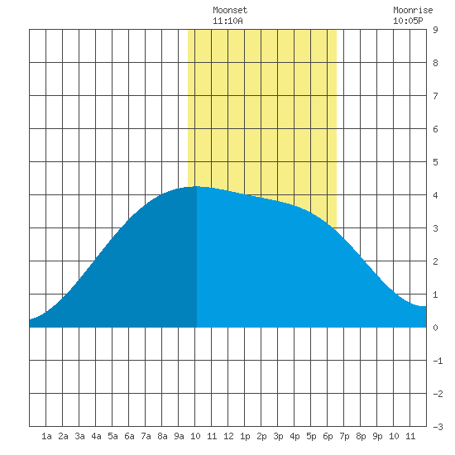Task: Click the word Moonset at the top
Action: (230, 10)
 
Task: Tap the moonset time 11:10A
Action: (227, 21)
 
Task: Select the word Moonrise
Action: (413, 10)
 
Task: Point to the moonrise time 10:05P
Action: (408, 21)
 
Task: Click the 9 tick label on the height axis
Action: (435, 30)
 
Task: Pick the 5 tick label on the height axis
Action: (435, 162)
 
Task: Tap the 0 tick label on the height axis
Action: (435, 328)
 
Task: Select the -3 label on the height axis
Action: (438, 427)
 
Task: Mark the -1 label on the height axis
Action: (438, 361)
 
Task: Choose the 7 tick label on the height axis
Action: (435, 96)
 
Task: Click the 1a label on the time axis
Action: (46, 436)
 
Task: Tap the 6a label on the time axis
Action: (129, 436)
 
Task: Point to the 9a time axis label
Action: (179, 436)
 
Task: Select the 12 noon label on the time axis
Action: (228, 436)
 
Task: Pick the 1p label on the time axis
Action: (245, 436)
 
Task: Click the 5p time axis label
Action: (311, 436)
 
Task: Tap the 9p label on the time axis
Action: (377, 436)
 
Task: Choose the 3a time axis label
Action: (79, 436)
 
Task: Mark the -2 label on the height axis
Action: (438, 394)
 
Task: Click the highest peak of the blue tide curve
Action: (197, 186)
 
